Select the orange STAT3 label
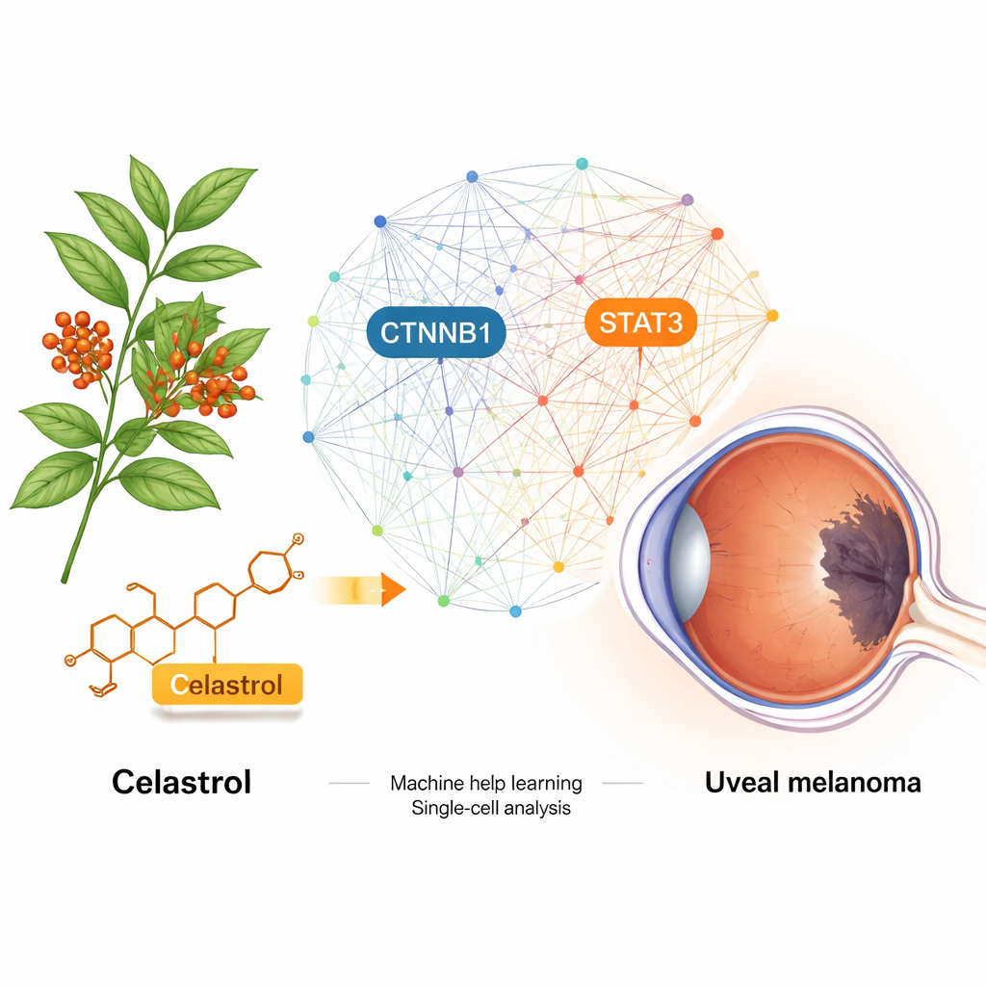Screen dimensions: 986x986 coord(640,324)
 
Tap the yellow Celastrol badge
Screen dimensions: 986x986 coord(227,686)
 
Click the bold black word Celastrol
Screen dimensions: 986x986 coord(181,781)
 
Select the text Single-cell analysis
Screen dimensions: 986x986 coord(491,808)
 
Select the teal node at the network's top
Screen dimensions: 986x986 coord(582,164)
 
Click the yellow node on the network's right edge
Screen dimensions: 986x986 coord(771,315)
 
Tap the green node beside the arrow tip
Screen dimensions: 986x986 coord(443,600)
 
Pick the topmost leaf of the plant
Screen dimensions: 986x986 coord(147,188)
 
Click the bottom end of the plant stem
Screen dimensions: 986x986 coord(65,578)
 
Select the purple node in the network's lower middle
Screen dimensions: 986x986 coord(457,472)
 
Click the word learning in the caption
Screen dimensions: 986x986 coord(546,783)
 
